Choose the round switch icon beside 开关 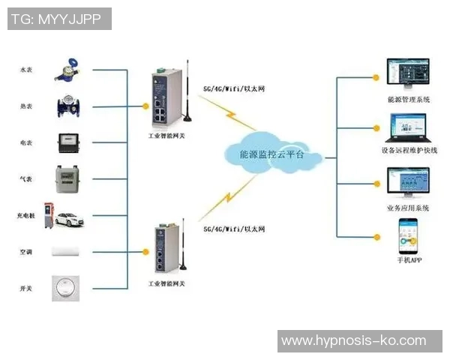click(66, 288)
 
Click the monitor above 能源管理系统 click(407, 73)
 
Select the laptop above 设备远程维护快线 click(407, 127)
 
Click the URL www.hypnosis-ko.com click(353, 340)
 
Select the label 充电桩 click(25, 216)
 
